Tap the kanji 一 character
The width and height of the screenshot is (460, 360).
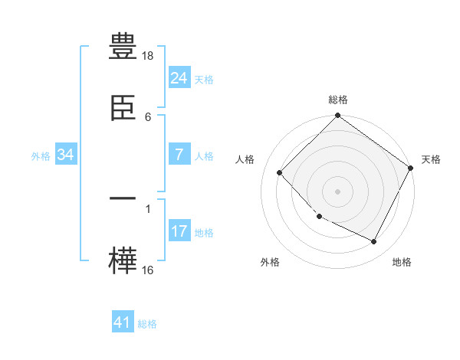123,200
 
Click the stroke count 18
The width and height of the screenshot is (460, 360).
149,57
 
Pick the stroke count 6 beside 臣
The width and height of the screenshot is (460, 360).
148,116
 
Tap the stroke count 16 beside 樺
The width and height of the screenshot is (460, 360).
149,270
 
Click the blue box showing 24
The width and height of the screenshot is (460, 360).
179,78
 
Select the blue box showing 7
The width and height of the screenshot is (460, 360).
179,155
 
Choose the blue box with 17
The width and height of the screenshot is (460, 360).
179,231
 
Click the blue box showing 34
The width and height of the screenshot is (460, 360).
66,155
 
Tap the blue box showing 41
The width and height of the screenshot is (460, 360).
123,322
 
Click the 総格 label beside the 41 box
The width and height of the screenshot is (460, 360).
147,324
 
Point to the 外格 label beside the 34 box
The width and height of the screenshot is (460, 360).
41,156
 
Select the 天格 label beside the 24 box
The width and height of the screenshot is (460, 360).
204,80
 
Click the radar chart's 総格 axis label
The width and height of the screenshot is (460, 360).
337,100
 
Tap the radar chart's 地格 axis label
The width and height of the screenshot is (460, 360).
402,262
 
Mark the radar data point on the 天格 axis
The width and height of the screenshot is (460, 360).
410,169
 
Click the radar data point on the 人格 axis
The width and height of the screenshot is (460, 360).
280,172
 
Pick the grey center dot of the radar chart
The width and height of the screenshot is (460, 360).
337,191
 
